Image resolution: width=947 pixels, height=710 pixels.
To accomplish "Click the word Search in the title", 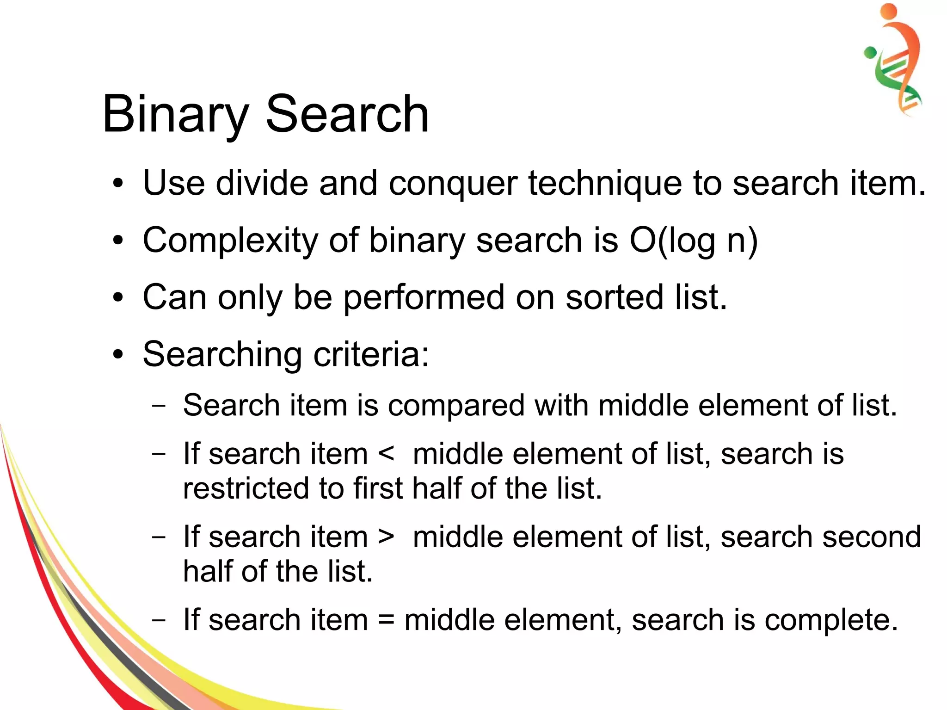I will point(347,114).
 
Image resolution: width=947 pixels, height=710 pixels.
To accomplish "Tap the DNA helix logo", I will point(895,60).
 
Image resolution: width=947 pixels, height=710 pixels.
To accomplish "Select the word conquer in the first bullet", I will point(453,184).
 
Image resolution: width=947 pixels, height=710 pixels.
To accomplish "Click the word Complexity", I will point(230,241).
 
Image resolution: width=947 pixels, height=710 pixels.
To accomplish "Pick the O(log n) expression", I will point(694,241).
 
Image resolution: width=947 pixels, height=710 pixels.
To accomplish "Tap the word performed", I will point(424,298).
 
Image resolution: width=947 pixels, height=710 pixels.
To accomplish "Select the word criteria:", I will point(371,354).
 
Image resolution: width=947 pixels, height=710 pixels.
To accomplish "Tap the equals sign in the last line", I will point(386,620).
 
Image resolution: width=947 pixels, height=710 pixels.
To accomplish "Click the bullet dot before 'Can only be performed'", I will point(118,297).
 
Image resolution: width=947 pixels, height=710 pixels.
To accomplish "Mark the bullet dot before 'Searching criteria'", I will point(118,355).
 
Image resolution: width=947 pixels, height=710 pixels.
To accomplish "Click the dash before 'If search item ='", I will point(159,620).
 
